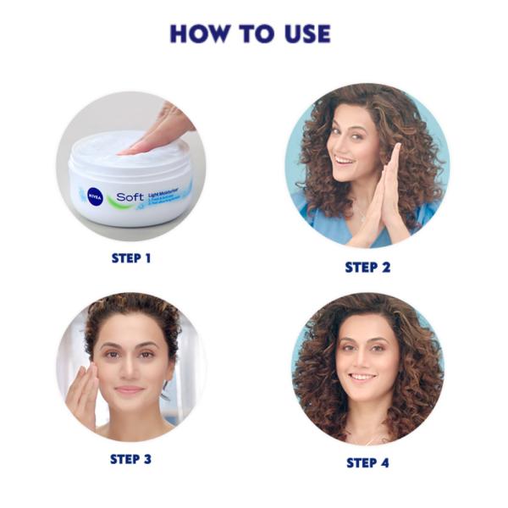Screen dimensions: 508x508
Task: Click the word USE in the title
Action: point(302,34)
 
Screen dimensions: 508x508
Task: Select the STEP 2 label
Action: point(367,267)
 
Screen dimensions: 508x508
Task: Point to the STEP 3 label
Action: point(130,459)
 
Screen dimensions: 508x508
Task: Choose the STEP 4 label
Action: point(367,462)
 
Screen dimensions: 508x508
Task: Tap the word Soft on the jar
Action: point(130,197)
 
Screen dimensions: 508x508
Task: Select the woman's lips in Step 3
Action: point(130,390)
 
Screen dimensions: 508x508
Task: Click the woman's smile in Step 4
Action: point(362,376)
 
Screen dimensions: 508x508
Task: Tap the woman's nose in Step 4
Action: point(362,359)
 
